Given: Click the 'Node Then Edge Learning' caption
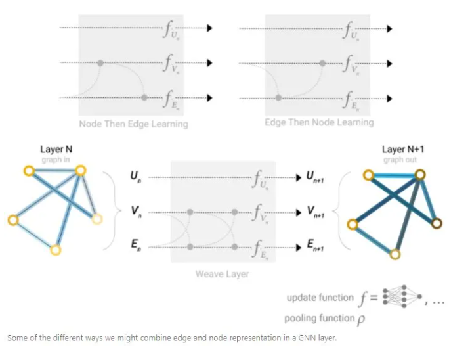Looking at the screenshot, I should point(133,124).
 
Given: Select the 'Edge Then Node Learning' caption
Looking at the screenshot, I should point(319,122).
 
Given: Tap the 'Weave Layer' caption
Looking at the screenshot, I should point(222,273).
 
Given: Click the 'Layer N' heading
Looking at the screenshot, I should point(56,150).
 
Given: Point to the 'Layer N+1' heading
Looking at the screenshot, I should point(403,150).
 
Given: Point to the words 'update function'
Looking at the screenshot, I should point(320,298).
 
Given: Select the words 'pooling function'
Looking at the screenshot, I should point(318,319).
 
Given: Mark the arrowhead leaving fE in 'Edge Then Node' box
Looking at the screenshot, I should point(389,98).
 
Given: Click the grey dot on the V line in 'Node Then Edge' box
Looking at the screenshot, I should point(100,63).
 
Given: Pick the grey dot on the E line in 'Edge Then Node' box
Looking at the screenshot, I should point(279,98).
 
